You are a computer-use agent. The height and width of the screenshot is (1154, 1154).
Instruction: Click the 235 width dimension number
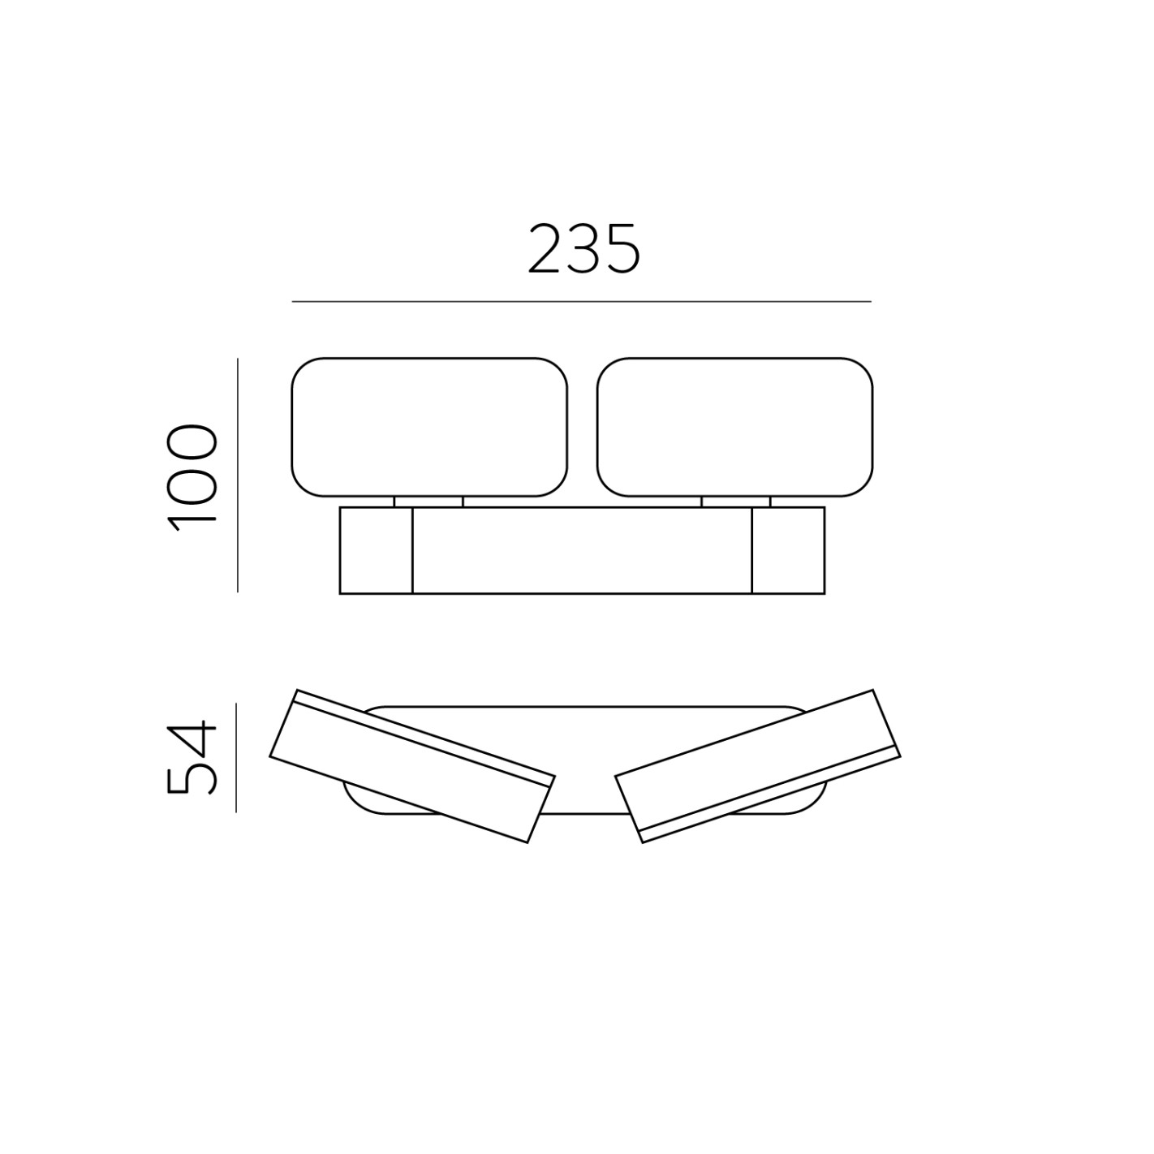click(x=583, y=249)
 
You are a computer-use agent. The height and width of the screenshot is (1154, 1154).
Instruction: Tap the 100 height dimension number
click(x=192, y=477)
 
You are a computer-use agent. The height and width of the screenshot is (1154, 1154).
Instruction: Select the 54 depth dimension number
click(x=192, y=756)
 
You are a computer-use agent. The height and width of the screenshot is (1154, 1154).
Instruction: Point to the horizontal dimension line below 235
click(x=581, y=302)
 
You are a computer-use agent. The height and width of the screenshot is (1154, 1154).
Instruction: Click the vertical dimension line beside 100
click(x=238, y=476)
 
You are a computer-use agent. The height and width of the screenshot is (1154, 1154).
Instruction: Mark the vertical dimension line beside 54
click(x=236, y=758)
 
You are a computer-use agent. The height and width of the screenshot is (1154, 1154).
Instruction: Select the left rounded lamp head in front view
click(x=429, y=427)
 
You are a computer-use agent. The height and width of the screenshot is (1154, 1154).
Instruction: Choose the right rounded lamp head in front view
click(x=734, y=427)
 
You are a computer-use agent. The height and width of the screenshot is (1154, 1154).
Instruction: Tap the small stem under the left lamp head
click(x=428, y=502)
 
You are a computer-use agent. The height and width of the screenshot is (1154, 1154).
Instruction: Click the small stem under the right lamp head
click(x=735, y=502)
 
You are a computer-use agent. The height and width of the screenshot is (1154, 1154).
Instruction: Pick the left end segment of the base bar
click(x=376, y=551)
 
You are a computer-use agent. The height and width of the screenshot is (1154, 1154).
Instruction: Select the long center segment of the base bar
click(x=582, y=551)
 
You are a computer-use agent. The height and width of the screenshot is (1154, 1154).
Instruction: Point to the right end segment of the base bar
click(x=788, y=551)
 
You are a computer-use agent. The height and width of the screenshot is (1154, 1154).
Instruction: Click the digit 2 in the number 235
click(x=545, y=249)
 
